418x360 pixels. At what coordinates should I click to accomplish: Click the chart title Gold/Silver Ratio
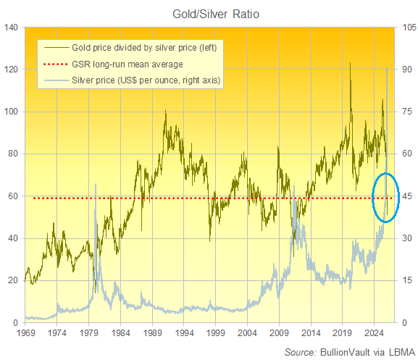[x=209, y=14]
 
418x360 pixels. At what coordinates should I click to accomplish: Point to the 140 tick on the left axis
[x=12, y=28]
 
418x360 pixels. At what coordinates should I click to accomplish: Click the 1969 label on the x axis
[x=25, y=334]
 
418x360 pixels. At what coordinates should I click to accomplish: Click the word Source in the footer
[x=298, y=351]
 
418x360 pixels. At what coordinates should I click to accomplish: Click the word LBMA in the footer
[x=396, y=351]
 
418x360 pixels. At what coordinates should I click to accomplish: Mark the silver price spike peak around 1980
[x=96, y=185]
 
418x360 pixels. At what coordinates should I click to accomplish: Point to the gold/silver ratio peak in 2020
[x=351, y=63]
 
